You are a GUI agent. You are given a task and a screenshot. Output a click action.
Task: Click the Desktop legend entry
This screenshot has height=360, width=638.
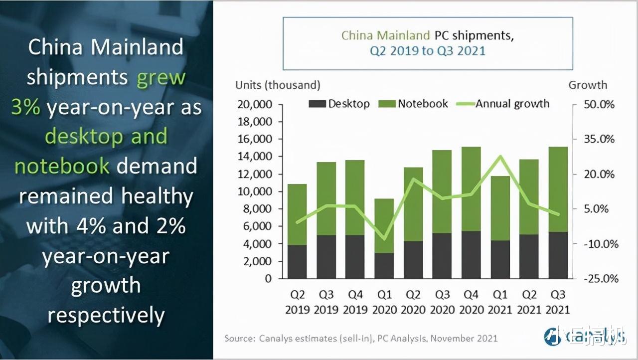click(339, 104)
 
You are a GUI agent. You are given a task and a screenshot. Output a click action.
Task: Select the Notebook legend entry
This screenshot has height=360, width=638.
click(413, 104)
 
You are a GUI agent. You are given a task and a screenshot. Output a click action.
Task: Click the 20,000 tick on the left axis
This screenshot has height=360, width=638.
click(254, 105)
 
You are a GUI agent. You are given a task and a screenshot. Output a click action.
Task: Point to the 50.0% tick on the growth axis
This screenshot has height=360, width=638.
click(600, 105)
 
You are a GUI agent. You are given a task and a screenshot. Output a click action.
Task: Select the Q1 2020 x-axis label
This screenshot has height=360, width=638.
click(384, 302)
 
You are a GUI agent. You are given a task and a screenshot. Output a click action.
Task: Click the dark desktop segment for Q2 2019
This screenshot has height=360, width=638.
click(298, 262)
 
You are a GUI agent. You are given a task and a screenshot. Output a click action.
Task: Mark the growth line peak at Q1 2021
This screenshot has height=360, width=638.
click(500, 156)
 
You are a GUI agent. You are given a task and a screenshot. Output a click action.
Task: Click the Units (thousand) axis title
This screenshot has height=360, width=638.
click(278, 85)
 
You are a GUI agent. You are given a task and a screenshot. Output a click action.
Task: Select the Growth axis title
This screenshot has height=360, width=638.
click(588, 85)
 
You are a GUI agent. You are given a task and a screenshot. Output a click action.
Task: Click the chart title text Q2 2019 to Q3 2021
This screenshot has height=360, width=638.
click(427, 50)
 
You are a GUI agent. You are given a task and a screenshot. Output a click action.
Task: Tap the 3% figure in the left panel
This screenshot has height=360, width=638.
click(25, 107)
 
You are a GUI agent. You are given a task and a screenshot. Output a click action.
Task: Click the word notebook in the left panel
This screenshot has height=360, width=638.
click(62, 166)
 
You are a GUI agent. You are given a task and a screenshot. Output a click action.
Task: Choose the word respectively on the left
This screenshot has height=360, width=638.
click(106, 315)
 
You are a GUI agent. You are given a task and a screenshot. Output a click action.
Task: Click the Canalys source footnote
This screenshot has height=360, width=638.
click(361, 339)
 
